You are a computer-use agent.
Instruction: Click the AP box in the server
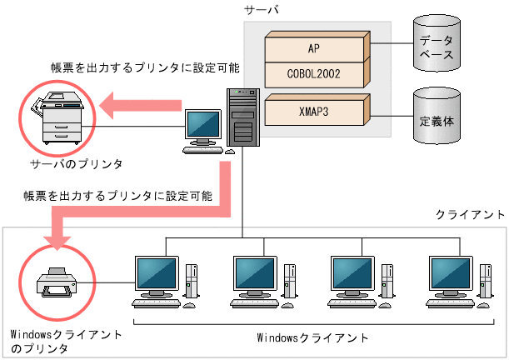[313, 48]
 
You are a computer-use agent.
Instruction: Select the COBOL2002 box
[313, 75]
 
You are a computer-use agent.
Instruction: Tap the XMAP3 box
[313, 109]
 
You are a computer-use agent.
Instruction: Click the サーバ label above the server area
[260, 9]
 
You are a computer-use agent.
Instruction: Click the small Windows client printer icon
[55, 282]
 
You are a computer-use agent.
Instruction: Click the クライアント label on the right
[470, 215]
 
